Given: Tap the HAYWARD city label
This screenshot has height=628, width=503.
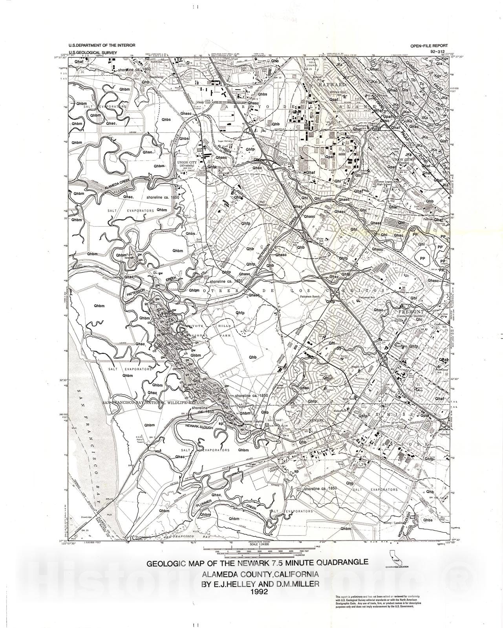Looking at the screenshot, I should (x=332, y=85).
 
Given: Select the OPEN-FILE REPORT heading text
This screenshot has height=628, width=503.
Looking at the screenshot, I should (x=428, y=46).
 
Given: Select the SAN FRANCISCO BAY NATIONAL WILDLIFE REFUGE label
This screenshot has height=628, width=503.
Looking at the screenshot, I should (x=154, y=403).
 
